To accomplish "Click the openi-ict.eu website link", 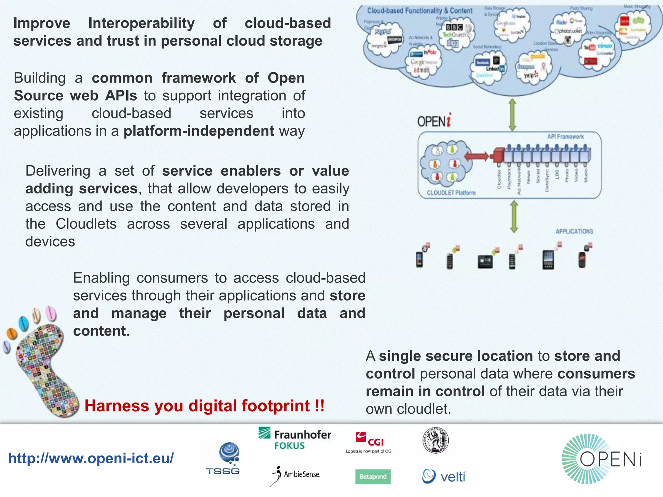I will pyautogui.click(x=91, y=458).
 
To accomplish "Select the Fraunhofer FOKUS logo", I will pyautogui.click(x=295, y=439).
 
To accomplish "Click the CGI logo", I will pyautogui.click(x=369, y=442).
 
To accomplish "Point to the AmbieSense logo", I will pyautogui.click(x=296, y=475).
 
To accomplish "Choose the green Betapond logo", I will pyautogui.click(x=373, y=477).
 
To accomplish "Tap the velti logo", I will pyautogui.click(x=444, y=476).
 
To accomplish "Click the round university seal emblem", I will pyautogui.click(x=435, y=440).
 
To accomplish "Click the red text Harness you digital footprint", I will pyautogui.click(x=204, y=406).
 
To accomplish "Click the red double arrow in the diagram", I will pyautogui.click(x=476, y=157).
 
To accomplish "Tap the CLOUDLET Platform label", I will pyautogui.click(x=451, y=193).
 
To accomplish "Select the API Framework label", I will pyautogui.click(x=565, y=137).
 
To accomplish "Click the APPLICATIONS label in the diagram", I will pyautogui.click(x=574, y=231).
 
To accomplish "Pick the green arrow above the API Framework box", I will pyautogui.click(x=512, y=115).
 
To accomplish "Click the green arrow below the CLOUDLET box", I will pyautogui.click(x=514, y=216).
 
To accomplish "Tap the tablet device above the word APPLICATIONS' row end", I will pyautogui.click(x=548, y=260).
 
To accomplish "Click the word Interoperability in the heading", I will pyautogui.click(x=141, y=23).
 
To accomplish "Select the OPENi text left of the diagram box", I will pyautogui.click(x=434, y=121).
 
